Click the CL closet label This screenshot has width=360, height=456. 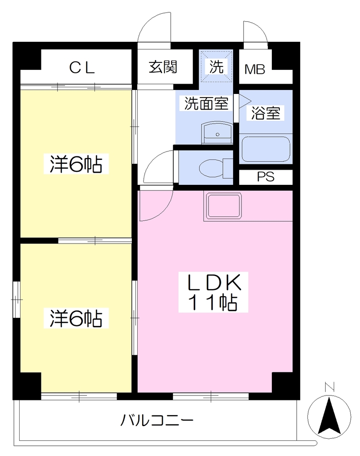[82, 68]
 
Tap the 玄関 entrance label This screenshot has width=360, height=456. [163, 67]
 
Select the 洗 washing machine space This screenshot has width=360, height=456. [216, 66]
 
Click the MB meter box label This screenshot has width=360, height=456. [255, 69]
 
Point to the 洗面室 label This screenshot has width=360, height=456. [206, 103]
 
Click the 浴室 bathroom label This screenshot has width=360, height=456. [266, 113]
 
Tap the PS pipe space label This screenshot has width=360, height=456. [266, 177]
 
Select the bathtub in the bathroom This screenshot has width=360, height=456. [266, 149]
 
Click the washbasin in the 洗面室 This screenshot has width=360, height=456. [217, 133]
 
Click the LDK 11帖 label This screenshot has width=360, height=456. [213, 292]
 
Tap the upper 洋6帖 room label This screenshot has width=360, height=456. [76, 164]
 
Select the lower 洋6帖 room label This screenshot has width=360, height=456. [76, 318]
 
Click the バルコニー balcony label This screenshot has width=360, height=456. [157, 420]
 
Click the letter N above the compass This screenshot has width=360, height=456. [329, 387]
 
